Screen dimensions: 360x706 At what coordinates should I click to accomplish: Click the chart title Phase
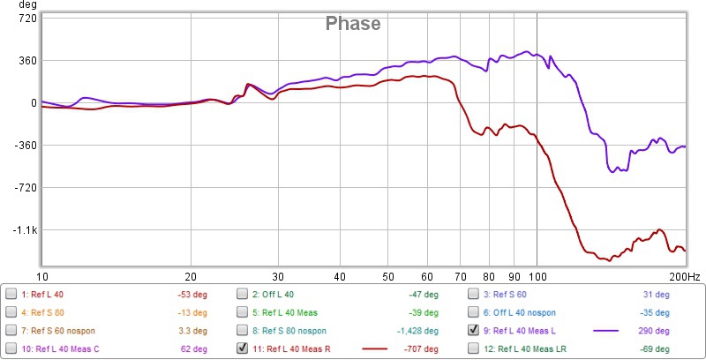point(353,24)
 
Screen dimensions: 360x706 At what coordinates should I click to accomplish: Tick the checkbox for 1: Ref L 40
point(11,294)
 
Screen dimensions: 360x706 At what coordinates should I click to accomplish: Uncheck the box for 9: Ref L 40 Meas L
point(475,330)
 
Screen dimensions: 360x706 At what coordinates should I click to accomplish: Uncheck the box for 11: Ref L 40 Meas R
point(243,349)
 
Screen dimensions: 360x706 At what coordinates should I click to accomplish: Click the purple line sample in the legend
point(605,330)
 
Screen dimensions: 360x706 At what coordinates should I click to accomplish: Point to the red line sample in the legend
point(375,349)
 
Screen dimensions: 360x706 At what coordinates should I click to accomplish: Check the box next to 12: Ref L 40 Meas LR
point(475,349)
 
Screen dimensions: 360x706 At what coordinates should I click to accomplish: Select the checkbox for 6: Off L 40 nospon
point(475,311)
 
